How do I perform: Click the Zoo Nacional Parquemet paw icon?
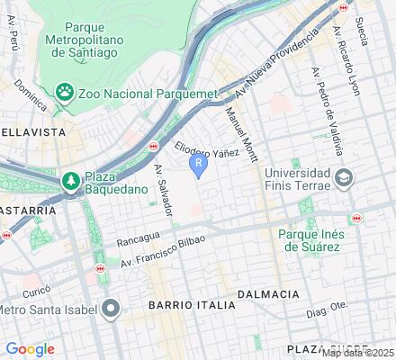coord(65,92)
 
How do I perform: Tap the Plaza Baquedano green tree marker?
coord(71,183)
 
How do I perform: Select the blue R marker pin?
coord(198,165)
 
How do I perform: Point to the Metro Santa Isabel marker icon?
coord(111,310)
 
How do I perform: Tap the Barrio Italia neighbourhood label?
coord(193,305)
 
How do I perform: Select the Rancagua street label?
coord(138,240)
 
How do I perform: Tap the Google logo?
coord(30,348)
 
